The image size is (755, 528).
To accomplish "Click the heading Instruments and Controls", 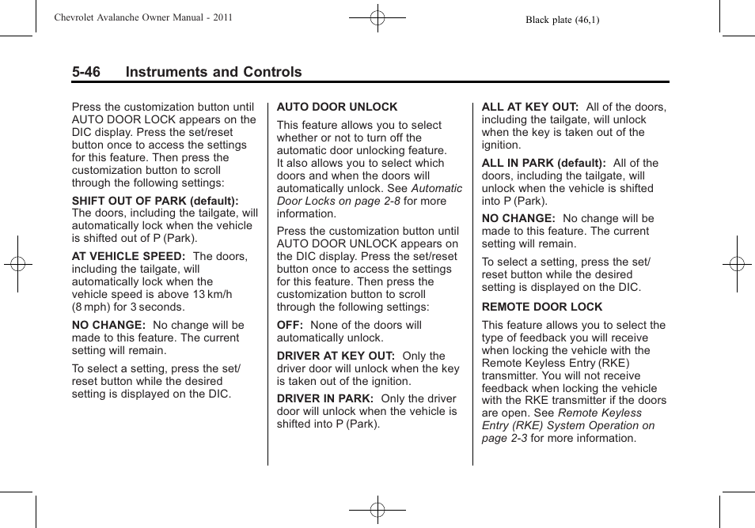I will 213,72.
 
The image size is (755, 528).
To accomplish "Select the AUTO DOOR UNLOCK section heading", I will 337,107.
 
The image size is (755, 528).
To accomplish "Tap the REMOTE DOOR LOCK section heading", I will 542,307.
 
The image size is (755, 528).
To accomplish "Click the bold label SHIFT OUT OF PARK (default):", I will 155,202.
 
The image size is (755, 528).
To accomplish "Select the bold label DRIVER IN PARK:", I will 325,398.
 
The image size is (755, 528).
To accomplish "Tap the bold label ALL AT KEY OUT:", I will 530,107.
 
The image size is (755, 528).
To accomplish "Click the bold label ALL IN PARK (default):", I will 544,163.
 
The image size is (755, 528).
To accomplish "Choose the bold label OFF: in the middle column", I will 290,325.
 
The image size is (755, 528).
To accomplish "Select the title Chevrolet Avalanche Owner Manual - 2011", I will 142,17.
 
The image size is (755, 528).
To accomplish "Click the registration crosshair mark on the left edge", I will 17,264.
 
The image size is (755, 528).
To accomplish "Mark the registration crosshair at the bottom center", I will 377,511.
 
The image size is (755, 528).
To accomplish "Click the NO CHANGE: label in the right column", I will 518,218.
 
